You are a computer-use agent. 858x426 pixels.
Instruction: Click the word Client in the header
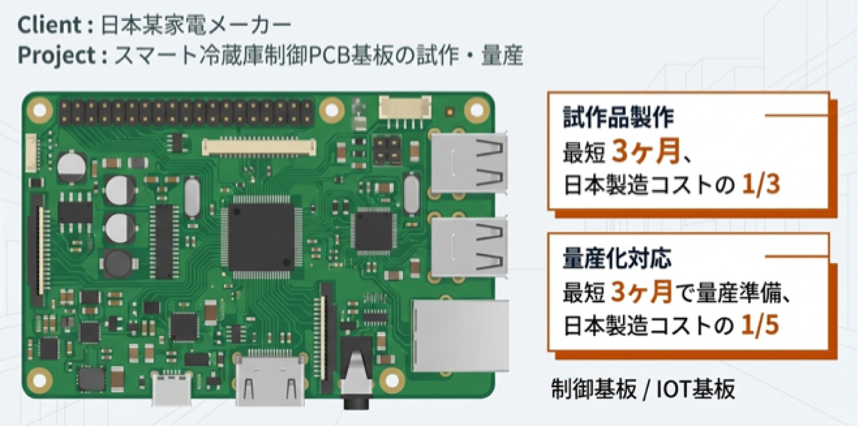click(49, 25)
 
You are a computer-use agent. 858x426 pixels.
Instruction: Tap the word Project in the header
click(56, 55)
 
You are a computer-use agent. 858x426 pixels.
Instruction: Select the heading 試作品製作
click(618, 116)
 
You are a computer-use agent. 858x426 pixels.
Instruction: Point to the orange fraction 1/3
click(761, 184)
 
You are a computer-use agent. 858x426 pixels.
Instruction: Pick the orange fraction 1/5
click(760, 325)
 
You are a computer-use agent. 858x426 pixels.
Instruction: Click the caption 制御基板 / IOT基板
click(643, 389)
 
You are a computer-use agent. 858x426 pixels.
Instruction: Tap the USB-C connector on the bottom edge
click(172, 388)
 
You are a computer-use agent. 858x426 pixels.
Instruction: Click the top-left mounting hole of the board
click(40, 109)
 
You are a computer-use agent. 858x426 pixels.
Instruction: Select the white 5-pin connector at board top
click(405, 108)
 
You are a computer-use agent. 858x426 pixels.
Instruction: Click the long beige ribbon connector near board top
click(259, 147)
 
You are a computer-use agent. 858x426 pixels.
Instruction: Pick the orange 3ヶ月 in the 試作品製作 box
click(646, 151)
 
